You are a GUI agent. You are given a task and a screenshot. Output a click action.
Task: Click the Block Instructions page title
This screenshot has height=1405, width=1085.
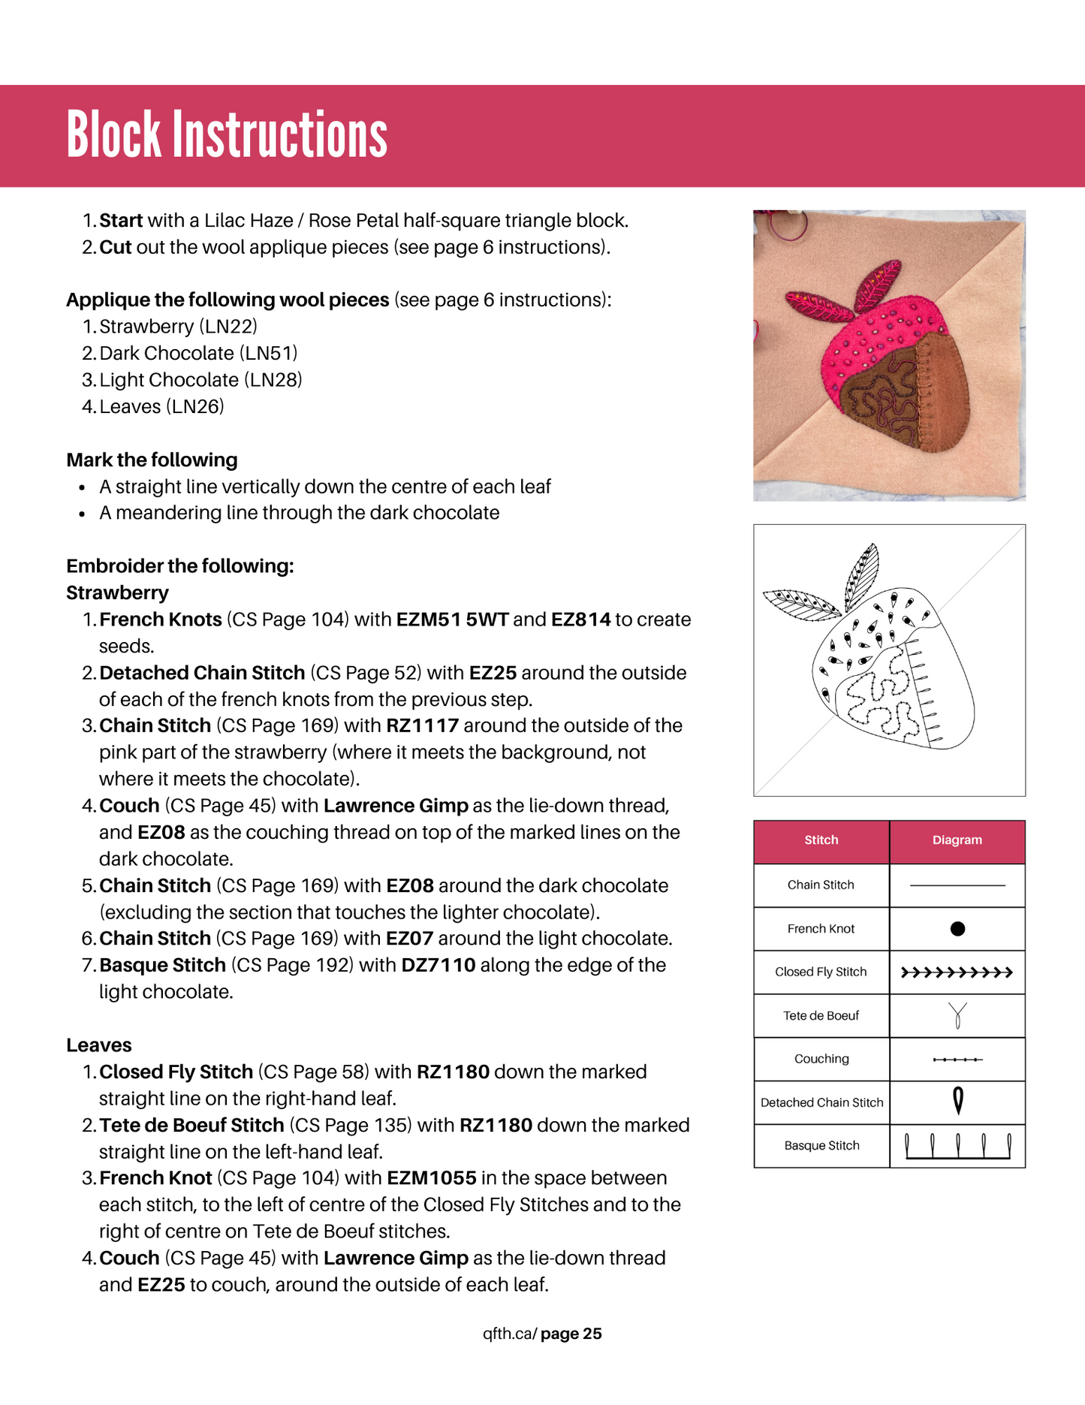(x=227, y=134)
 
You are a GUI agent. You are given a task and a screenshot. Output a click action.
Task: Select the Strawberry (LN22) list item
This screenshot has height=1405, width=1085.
(x=178, y=327)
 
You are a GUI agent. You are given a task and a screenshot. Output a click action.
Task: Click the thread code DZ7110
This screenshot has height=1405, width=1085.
(x=438, y=965)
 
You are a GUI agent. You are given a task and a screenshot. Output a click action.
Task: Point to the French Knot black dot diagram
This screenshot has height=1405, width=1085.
(x=957, y=929)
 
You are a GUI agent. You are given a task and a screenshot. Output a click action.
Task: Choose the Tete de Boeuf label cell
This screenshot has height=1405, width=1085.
(x=821, y=1016)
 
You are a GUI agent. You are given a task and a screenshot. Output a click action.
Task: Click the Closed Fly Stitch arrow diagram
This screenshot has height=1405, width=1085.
(x=957, y=972)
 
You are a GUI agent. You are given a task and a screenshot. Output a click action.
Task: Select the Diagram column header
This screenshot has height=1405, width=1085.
(x=957, y=840)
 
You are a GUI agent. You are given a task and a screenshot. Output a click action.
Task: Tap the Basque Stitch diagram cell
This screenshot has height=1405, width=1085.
(x=957, y=1146)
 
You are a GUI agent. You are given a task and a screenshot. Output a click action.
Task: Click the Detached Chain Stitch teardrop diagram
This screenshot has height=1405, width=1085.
(x=958, y=1102)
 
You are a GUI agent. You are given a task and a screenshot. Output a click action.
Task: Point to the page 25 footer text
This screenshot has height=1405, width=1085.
(x=571, y=1334)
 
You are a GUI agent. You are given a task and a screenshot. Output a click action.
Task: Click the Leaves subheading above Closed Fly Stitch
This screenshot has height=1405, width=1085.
(x=98, y=1045)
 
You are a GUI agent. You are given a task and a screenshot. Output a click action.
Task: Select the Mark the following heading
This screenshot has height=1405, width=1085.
(x=152, y=460)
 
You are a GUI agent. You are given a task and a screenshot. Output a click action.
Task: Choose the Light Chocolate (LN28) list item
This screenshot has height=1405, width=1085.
(x=200, y=380)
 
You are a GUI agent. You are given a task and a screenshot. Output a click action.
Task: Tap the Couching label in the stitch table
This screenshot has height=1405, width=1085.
(x=821, y=1059)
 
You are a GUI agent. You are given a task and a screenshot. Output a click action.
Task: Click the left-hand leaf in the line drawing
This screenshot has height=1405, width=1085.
(x=800, y=603)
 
